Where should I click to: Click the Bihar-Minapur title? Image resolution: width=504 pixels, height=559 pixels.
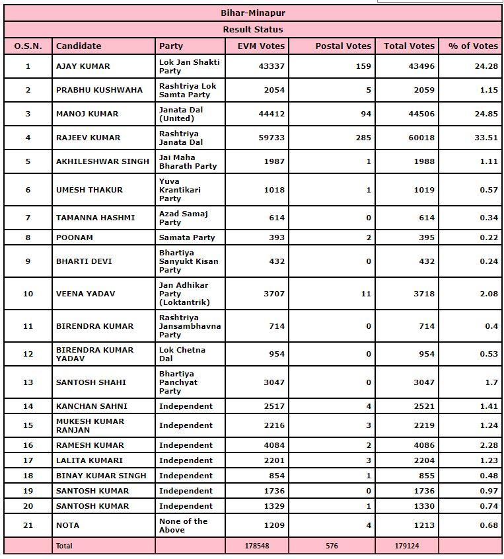(252, 13)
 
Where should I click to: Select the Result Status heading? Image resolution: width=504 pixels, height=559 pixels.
(252, 30)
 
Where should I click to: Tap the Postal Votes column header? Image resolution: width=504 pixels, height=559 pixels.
(343, 46)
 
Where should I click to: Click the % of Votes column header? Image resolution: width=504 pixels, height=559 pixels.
(473, 46)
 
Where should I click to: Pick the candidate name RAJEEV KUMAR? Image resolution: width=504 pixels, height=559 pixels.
(83, 138)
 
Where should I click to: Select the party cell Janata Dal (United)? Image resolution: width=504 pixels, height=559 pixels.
(181, 114)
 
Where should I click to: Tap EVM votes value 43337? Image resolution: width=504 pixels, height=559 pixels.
(271, 66)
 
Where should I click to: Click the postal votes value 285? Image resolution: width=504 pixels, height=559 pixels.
(363, 138)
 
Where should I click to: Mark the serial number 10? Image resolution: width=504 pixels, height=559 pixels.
(28, 294)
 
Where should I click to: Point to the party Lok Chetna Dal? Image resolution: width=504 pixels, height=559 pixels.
(182, 354)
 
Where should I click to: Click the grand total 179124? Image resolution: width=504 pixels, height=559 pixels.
(406, 546)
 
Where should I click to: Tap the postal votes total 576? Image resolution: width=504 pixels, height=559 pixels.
(333, 546)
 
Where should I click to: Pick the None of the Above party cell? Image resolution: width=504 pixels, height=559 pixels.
(183, 525)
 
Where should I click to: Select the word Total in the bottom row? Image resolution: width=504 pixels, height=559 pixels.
(64, 546)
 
